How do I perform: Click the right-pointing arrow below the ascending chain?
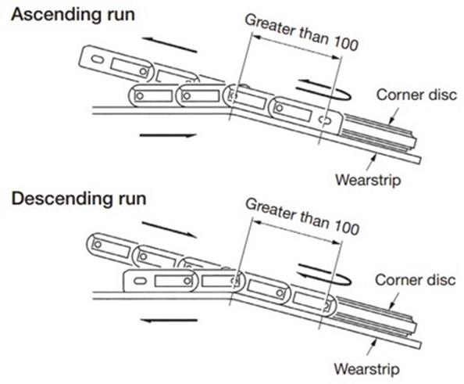(166, 135)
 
